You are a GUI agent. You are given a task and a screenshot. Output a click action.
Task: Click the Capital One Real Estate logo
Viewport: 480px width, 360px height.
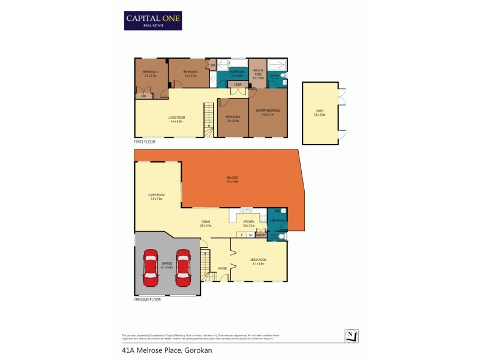click(152, 20)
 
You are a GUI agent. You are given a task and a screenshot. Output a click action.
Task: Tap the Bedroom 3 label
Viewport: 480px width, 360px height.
click(150, 74)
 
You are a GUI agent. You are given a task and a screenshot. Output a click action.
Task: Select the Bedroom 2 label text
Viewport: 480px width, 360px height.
click(190, 73)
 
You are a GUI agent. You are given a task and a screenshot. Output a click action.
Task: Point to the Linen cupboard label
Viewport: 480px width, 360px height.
click(238, 92)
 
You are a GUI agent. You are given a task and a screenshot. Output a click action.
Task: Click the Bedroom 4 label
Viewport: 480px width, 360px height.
click(232, 118)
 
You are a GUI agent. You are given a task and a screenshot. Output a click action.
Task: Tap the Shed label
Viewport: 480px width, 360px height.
click(319, 113)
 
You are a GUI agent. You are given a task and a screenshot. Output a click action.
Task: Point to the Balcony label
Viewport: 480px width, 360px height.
click(233, 179)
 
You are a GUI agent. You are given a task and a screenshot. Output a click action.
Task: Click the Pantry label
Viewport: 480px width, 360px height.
click(260, 235)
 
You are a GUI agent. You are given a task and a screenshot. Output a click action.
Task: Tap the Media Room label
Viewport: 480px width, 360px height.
click(258, 261)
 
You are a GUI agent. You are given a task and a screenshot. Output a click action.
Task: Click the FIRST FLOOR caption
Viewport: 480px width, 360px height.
click(146, 141)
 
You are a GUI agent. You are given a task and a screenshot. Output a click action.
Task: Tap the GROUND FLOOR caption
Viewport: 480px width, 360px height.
click(148, 299)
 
